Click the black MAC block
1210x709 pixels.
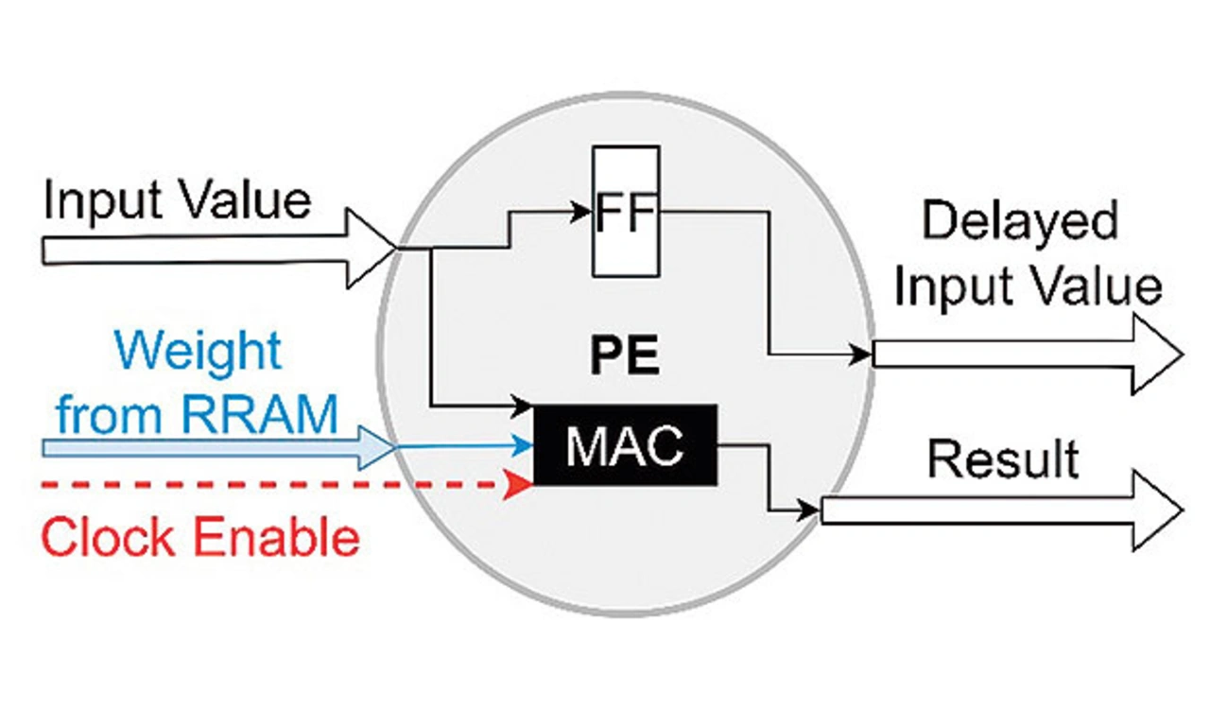point(625,445)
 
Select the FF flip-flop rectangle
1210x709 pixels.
point(625,211)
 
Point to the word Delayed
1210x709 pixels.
point(1020,221)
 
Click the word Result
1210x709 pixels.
point(1003,459)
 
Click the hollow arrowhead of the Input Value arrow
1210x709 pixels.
point(373,249)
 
